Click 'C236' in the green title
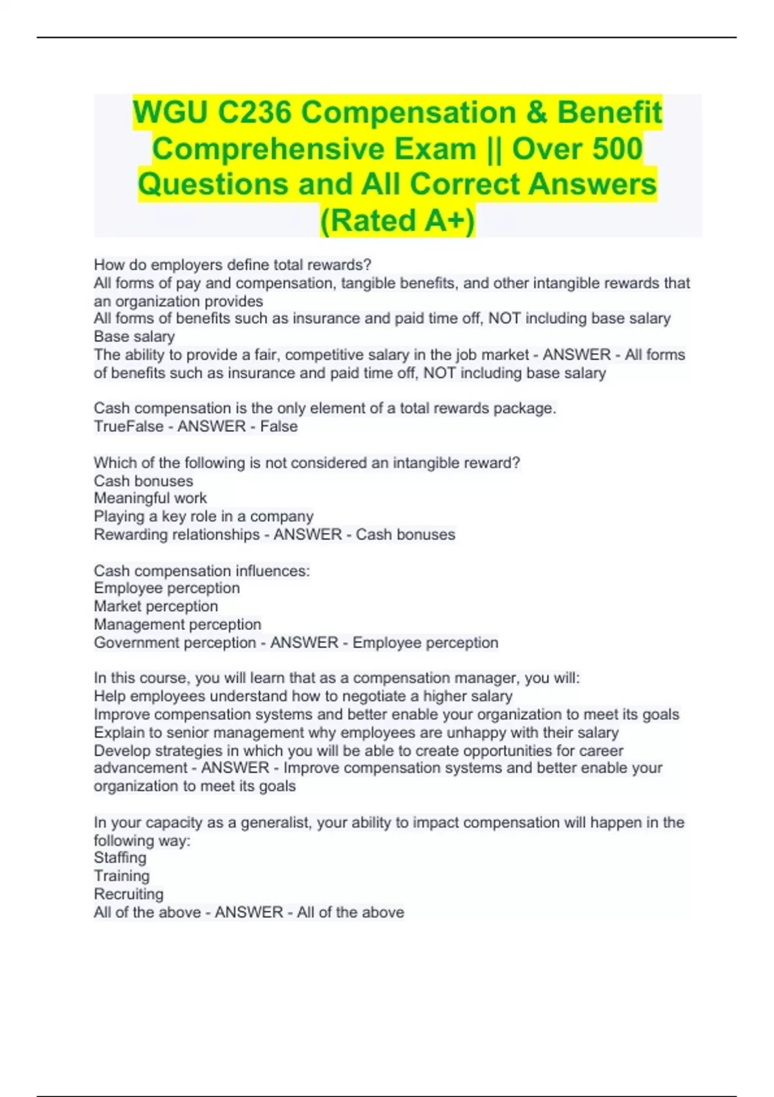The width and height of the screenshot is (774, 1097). tap(254, 113)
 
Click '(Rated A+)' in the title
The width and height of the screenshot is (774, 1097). tap(397, 220)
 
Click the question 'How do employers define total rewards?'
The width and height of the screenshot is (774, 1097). tap(232, 265)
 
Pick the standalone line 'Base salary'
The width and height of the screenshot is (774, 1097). tap(134, 337)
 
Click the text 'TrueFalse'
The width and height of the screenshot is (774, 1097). tap(128, 427)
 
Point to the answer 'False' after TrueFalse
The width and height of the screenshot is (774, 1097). tap(279, 427)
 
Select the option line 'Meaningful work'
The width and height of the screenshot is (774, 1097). tap(150, 498)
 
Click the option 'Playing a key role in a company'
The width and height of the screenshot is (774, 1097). tap(203, 516)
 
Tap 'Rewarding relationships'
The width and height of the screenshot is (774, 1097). tap(176, 534)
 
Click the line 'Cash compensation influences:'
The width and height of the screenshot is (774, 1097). tap(201, 570)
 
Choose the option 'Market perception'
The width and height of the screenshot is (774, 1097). tap(155, 606)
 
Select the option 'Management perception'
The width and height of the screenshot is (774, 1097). tap(177, 624)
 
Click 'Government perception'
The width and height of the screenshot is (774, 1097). tap(175, 643)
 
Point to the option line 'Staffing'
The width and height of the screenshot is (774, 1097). tap(120, 858)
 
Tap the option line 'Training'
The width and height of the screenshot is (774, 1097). tap(121, 876)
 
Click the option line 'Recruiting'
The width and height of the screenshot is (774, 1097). tap(128, 894)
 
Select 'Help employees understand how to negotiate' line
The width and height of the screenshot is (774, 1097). tap(303, 696)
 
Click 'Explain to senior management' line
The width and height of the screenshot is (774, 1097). tap(356, 732)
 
